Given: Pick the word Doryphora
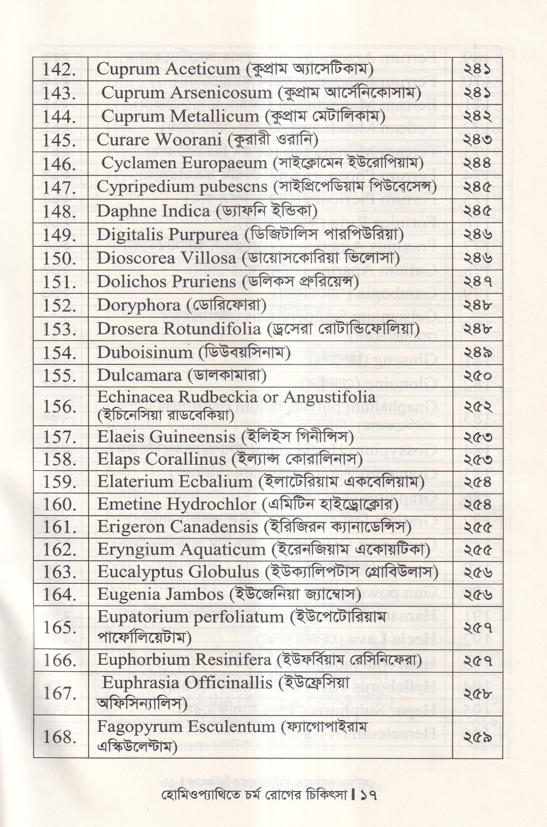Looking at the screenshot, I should coord(138,305).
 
